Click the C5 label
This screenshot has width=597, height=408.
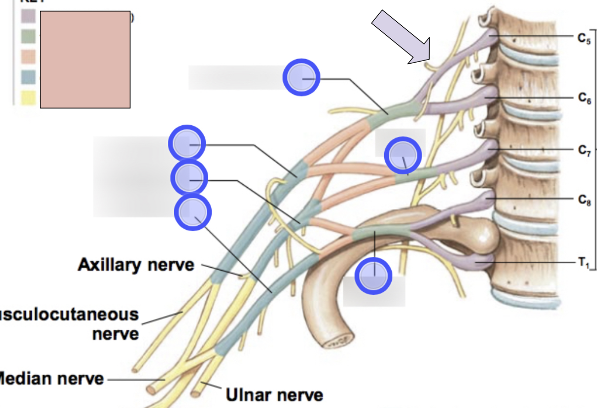pos(584,38)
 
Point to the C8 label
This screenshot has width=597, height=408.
pos(584,200)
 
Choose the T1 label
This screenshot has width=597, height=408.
pos(583,262)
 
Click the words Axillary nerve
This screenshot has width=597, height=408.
pos(136,265)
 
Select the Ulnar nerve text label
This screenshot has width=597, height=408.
pos(274,393)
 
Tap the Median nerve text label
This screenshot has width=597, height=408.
pos(50,378)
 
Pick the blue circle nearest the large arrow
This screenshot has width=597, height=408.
pos(301,77)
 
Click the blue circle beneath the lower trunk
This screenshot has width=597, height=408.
pos(373,276)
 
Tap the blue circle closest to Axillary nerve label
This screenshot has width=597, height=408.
pos(193,213)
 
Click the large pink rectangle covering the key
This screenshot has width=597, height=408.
pos(85,60)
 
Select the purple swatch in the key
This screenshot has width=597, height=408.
pos(28,17)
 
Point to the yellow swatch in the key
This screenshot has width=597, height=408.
pos(28,97)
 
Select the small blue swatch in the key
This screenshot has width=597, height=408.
pos(28,77)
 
